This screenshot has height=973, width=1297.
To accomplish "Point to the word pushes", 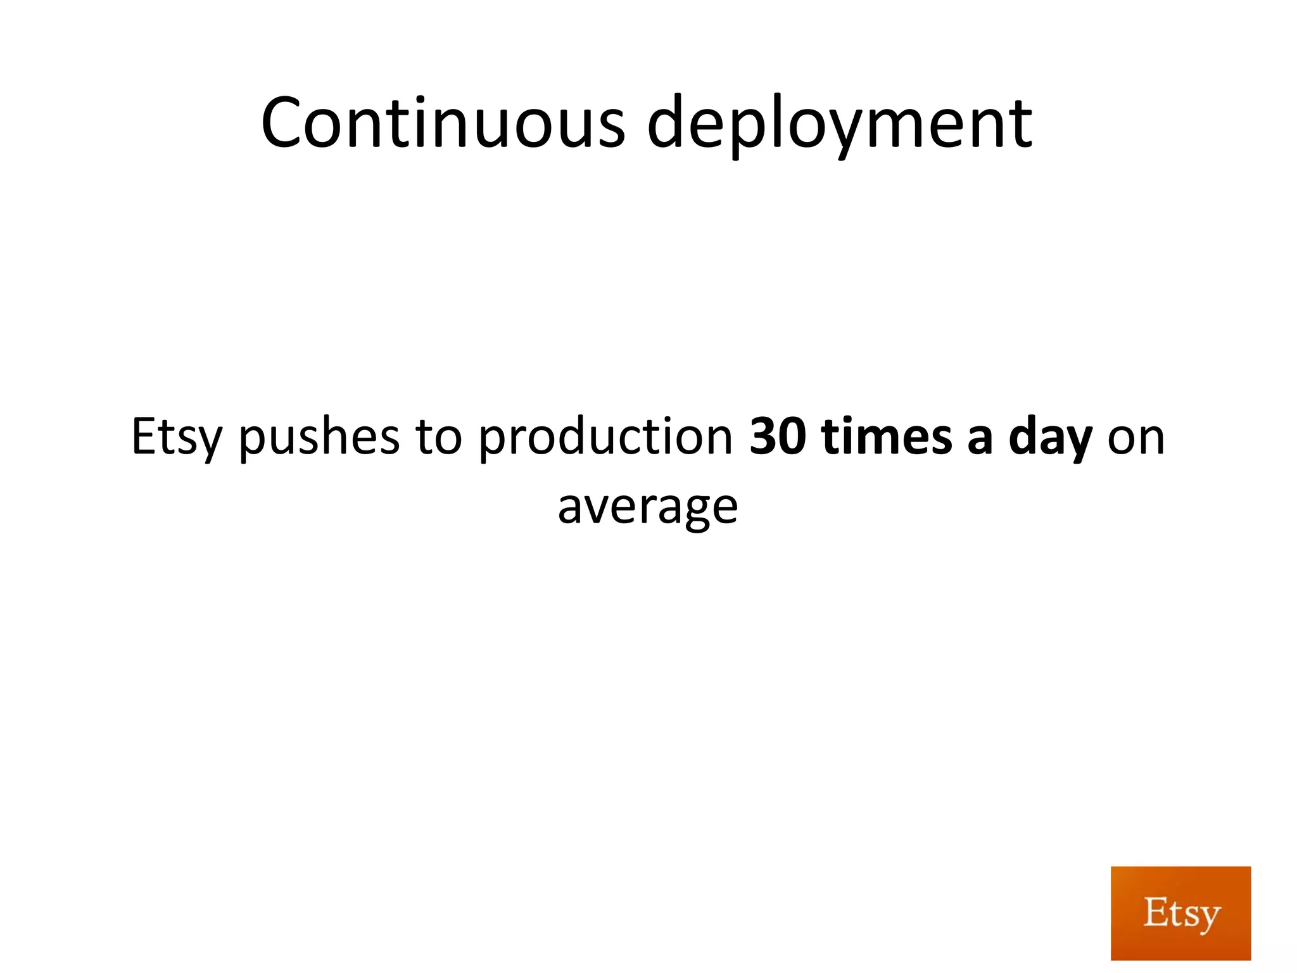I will pos(319,437).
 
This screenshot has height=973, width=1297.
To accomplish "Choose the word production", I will pos(605,437).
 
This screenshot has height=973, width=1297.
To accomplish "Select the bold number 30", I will pos(778,437).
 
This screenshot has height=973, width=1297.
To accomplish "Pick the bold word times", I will pos(886,437).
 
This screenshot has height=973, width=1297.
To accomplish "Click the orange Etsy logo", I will pos(1180,913).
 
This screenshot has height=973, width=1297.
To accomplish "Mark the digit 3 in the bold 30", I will pos(763,437).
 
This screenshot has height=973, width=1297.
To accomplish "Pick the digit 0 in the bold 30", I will pos(792,437).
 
